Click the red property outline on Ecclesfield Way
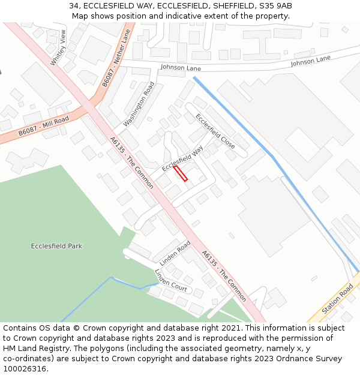[181, 173]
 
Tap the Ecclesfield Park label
[56, 246]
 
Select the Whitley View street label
[58, 47]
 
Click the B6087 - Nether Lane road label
[116, 59]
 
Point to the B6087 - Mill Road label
[43, 126]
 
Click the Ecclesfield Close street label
[215, 131]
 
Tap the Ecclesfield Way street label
[182, 158]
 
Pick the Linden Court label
[171, 280]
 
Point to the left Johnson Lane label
[181, 68]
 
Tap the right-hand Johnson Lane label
[310, 61]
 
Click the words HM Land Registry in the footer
[35, 348]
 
